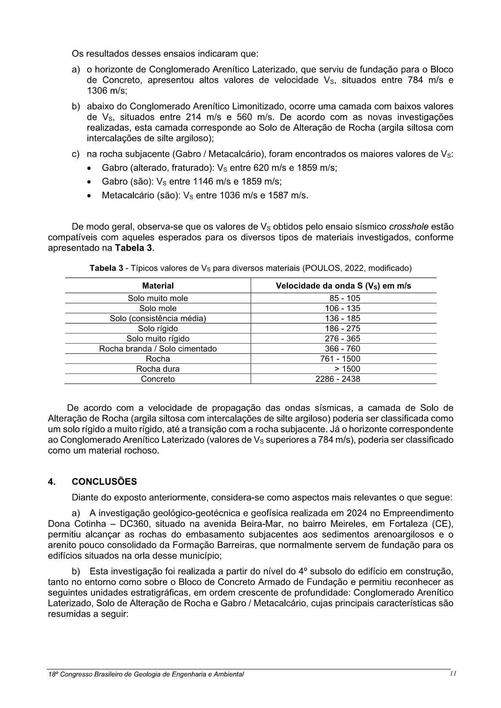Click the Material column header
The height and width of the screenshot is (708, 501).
(158, 286)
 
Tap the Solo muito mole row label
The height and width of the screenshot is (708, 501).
(158, 299)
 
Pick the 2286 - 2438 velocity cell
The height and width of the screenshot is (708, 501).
(338, 379)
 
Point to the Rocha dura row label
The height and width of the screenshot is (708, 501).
(158, 369)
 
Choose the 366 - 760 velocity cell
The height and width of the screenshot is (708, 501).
(342, 349)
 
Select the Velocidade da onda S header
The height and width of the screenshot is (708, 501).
(343, 286)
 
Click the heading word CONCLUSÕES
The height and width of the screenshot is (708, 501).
(104, 482)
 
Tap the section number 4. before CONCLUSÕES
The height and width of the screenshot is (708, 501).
(52, 482)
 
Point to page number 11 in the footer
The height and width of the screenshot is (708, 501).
(453, 674)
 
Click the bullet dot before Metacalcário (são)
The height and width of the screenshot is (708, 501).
(89, 196)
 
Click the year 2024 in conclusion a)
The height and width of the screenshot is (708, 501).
(359, 513)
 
